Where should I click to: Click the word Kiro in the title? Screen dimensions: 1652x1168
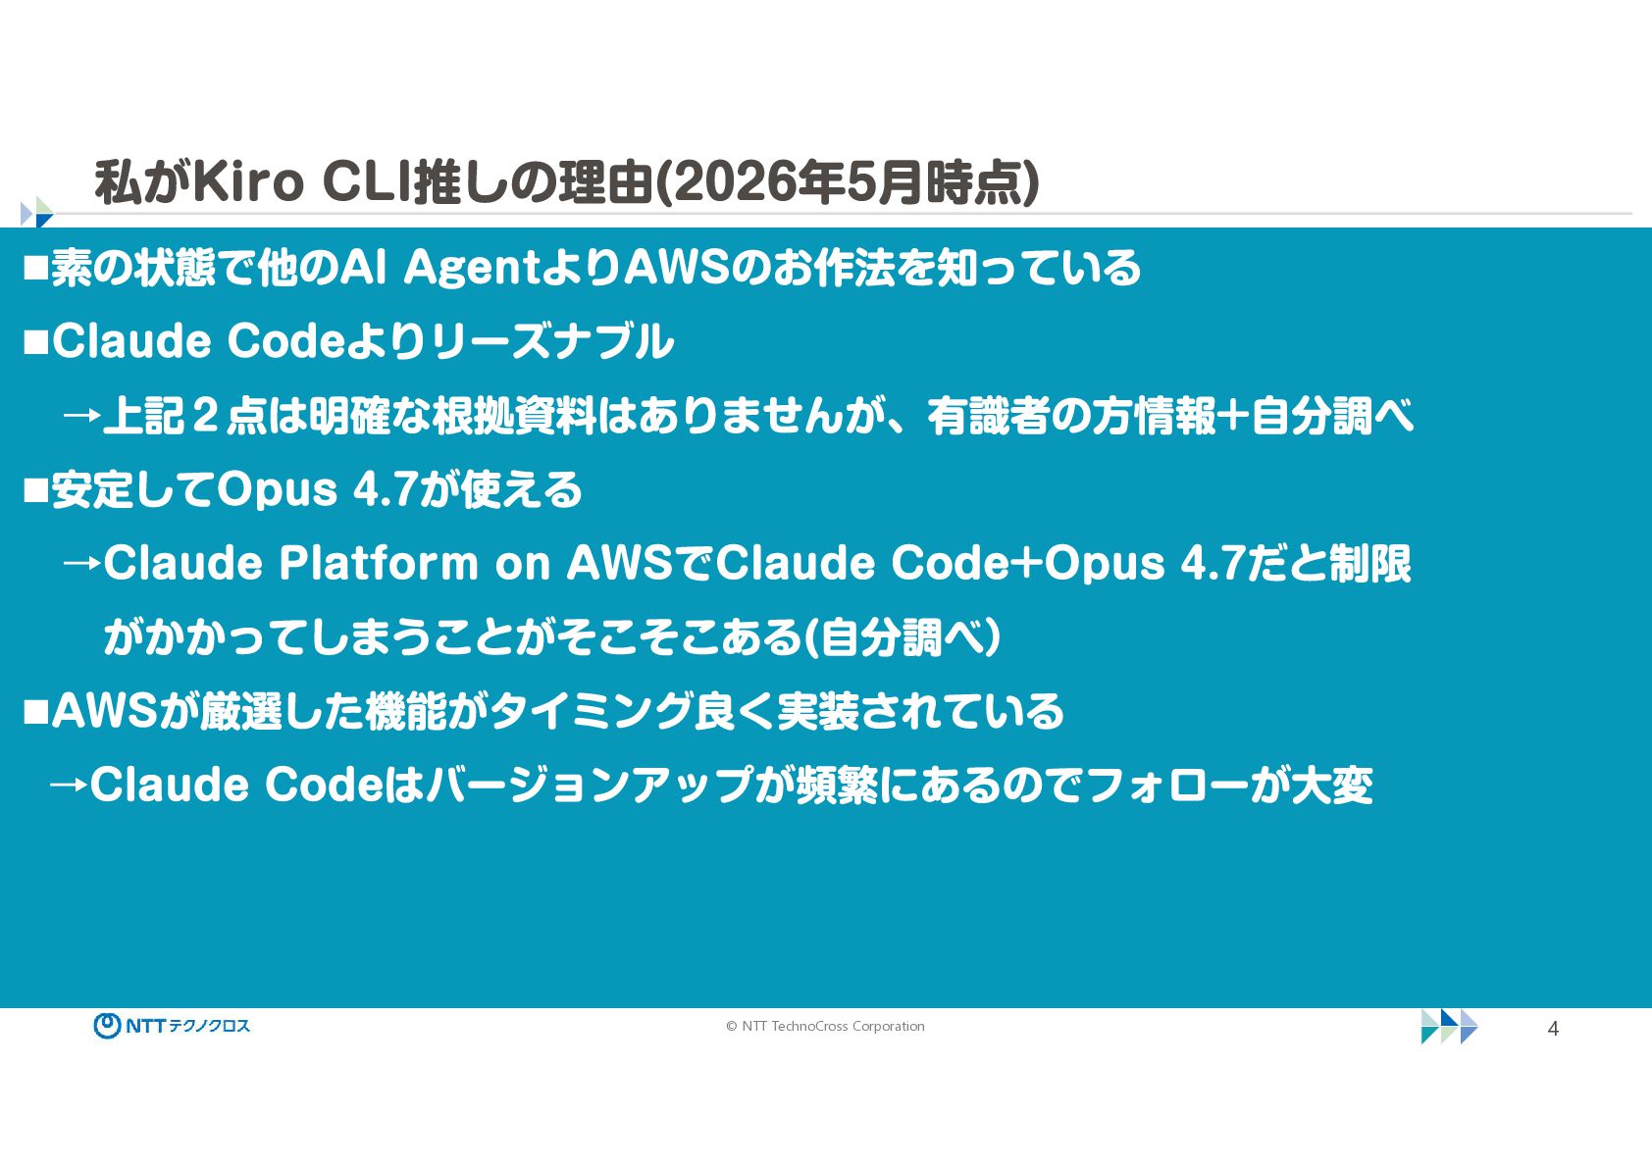pos(248,182)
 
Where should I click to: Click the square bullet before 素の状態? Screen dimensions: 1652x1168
pos(35,269)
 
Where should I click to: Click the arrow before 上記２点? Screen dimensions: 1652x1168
pos(81,416)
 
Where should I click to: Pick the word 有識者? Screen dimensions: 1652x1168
pos(988,416)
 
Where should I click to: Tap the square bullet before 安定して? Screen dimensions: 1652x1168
pos(35,490)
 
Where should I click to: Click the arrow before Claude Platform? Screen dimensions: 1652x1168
pos(81,564)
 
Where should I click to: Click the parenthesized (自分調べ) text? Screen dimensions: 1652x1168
pos(902,637)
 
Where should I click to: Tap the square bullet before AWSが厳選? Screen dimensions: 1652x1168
pos(35,712)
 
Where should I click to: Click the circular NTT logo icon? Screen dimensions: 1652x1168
pos(107,1026)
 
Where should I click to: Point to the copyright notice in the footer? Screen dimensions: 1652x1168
pos(825,1026)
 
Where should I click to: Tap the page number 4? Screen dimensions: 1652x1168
pos(1553,1029)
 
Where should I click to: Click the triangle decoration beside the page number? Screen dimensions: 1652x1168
pos(1449,1027)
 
